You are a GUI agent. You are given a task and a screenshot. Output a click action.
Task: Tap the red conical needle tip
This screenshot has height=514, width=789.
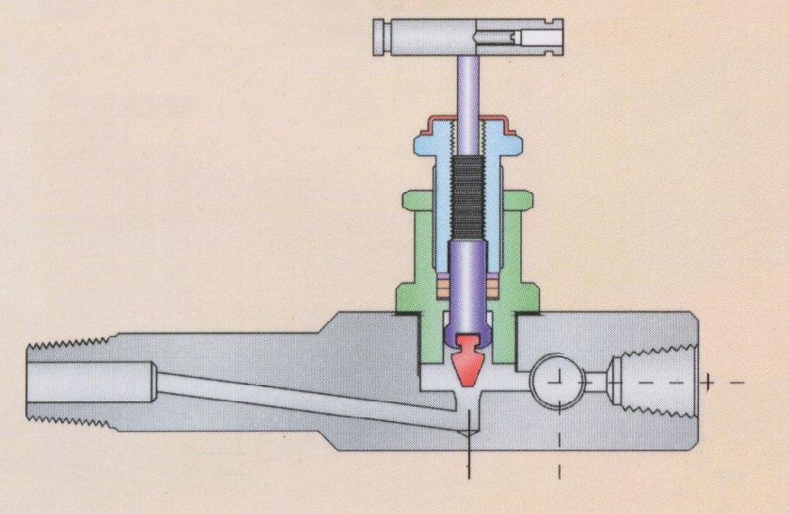(x=466, y=361)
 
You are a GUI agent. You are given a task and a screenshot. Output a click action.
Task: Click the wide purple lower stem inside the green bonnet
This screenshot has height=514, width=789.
(x=466, y=280)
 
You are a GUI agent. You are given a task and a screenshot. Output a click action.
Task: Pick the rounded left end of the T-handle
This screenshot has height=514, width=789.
(x=379, y=37)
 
